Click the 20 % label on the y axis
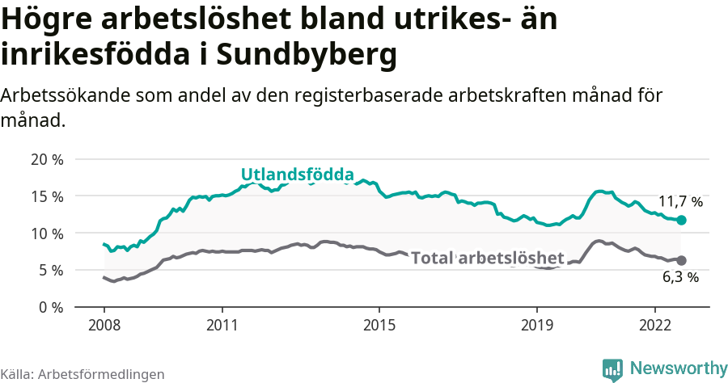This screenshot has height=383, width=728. coord(46,159)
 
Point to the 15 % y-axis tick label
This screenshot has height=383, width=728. coord(46,196)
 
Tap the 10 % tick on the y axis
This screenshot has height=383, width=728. coord(46,234)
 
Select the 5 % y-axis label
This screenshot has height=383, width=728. coord(50,270)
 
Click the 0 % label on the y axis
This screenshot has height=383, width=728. coord(50,307)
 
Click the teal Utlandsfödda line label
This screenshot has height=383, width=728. coord(298,175)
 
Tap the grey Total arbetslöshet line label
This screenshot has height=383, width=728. coord(488,258)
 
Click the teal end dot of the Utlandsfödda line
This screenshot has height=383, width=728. coord(682,220)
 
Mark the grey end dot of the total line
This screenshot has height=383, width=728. coord(682,260)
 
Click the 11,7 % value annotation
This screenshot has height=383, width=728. coord(680,202)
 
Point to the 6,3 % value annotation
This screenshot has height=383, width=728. coord(680,277)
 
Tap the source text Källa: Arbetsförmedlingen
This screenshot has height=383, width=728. coord(83,374)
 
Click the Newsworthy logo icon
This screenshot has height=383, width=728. coord(612,368)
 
